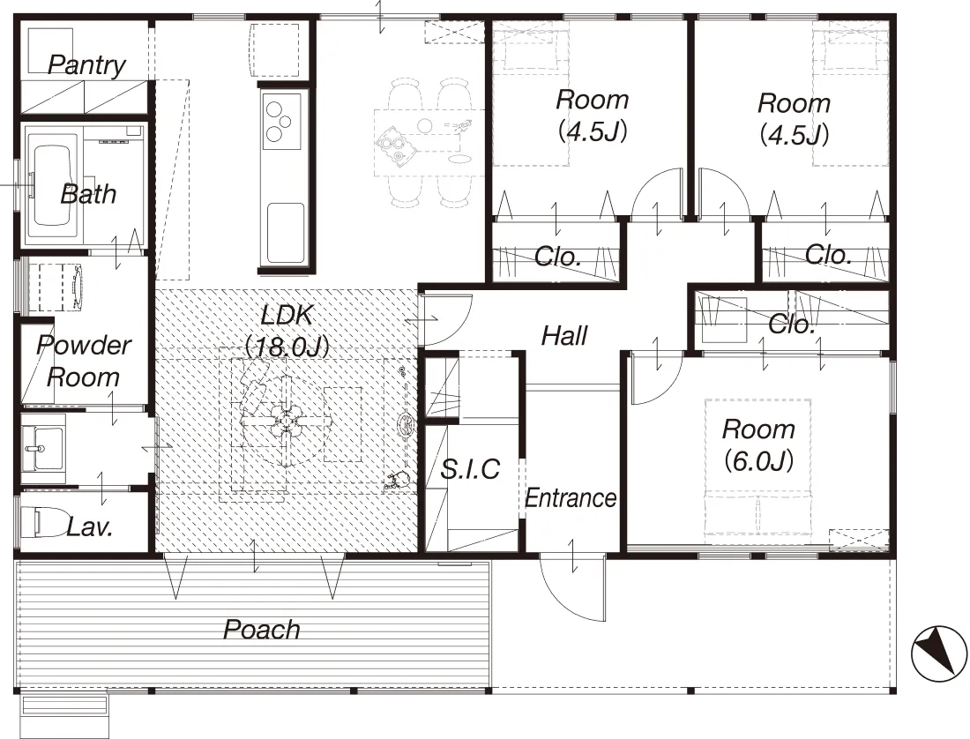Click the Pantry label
coord(86,65)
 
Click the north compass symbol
coord(938,654)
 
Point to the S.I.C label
coord(469,469)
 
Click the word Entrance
coord(571,498)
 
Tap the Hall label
coord(564,336)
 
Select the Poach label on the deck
coord(262,630)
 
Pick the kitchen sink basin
coord(285,231)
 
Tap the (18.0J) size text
coord(287,347)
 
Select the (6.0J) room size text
coord(758,460)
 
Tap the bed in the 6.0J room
coord(757,471)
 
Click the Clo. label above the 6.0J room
coord(790,324)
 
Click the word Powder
coord(84,345)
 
